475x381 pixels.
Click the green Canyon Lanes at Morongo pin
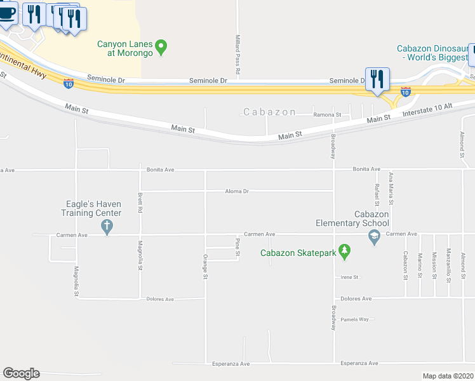(161, 46)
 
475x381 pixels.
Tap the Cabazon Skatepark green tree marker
(345, 251)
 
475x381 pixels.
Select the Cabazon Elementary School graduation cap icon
(374, 237)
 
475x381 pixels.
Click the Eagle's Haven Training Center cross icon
(107, 227)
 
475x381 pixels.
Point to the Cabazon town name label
(270, 112)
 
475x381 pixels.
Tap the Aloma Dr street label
(237, 190)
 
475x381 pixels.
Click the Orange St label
(205, 266)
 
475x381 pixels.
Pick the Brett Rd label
(140, 202)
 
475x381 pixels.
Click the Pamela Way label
(354, 319)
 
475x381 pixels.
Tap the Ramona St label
(328, 115)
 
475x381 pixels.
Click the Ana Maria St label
(391, 187)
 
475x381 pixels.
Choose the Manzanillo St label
(448, 264)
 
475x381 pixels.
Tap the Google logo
(21, 373)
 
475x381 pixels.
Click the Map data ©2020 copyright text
(448, 376)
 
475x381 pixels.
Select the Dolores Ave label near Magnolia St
(160, 298)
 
